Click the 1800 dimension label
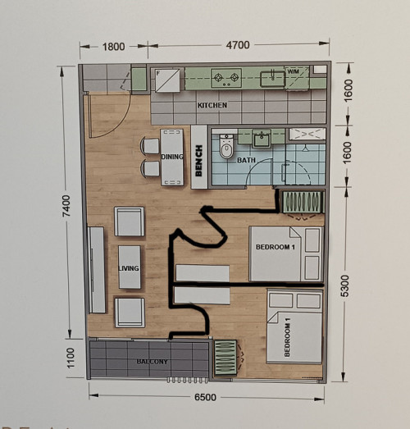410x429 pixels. [113, 47]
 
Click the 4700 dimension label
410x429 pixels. [238, 45]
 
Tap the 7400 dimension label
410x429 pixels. [66, 206]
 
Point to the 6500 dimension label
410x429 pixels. [205, 397]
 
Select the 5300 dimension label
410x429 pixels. [345, 285]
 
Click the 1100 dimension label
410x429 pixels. [71, 358]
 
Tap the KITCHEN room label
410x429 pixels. [212, 105]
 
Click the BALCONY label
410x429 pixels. [152, 362]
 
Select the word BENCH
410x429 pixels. [198, 161]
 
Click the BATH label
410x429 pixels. [246, 160]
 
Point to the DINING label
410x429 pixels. [172, 157]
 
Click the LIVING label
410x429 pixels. [129, 268]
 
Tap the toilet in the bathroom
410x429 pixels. [226, 146]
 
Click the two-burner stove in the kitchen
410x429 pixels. [226, 78]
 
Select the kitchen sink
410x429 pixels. [272, 79]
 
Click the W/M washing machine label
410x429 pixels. [294, 71]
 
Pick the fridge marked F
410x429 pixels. [167, 80]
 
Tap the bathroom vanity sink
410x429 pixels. [262, 139]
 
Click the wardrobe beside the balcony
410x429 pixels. [225, 358]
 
